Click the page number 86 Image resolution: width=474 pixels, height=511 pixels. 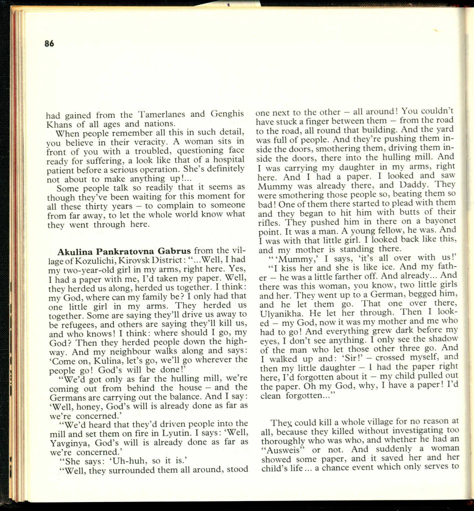click(49, 43)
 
